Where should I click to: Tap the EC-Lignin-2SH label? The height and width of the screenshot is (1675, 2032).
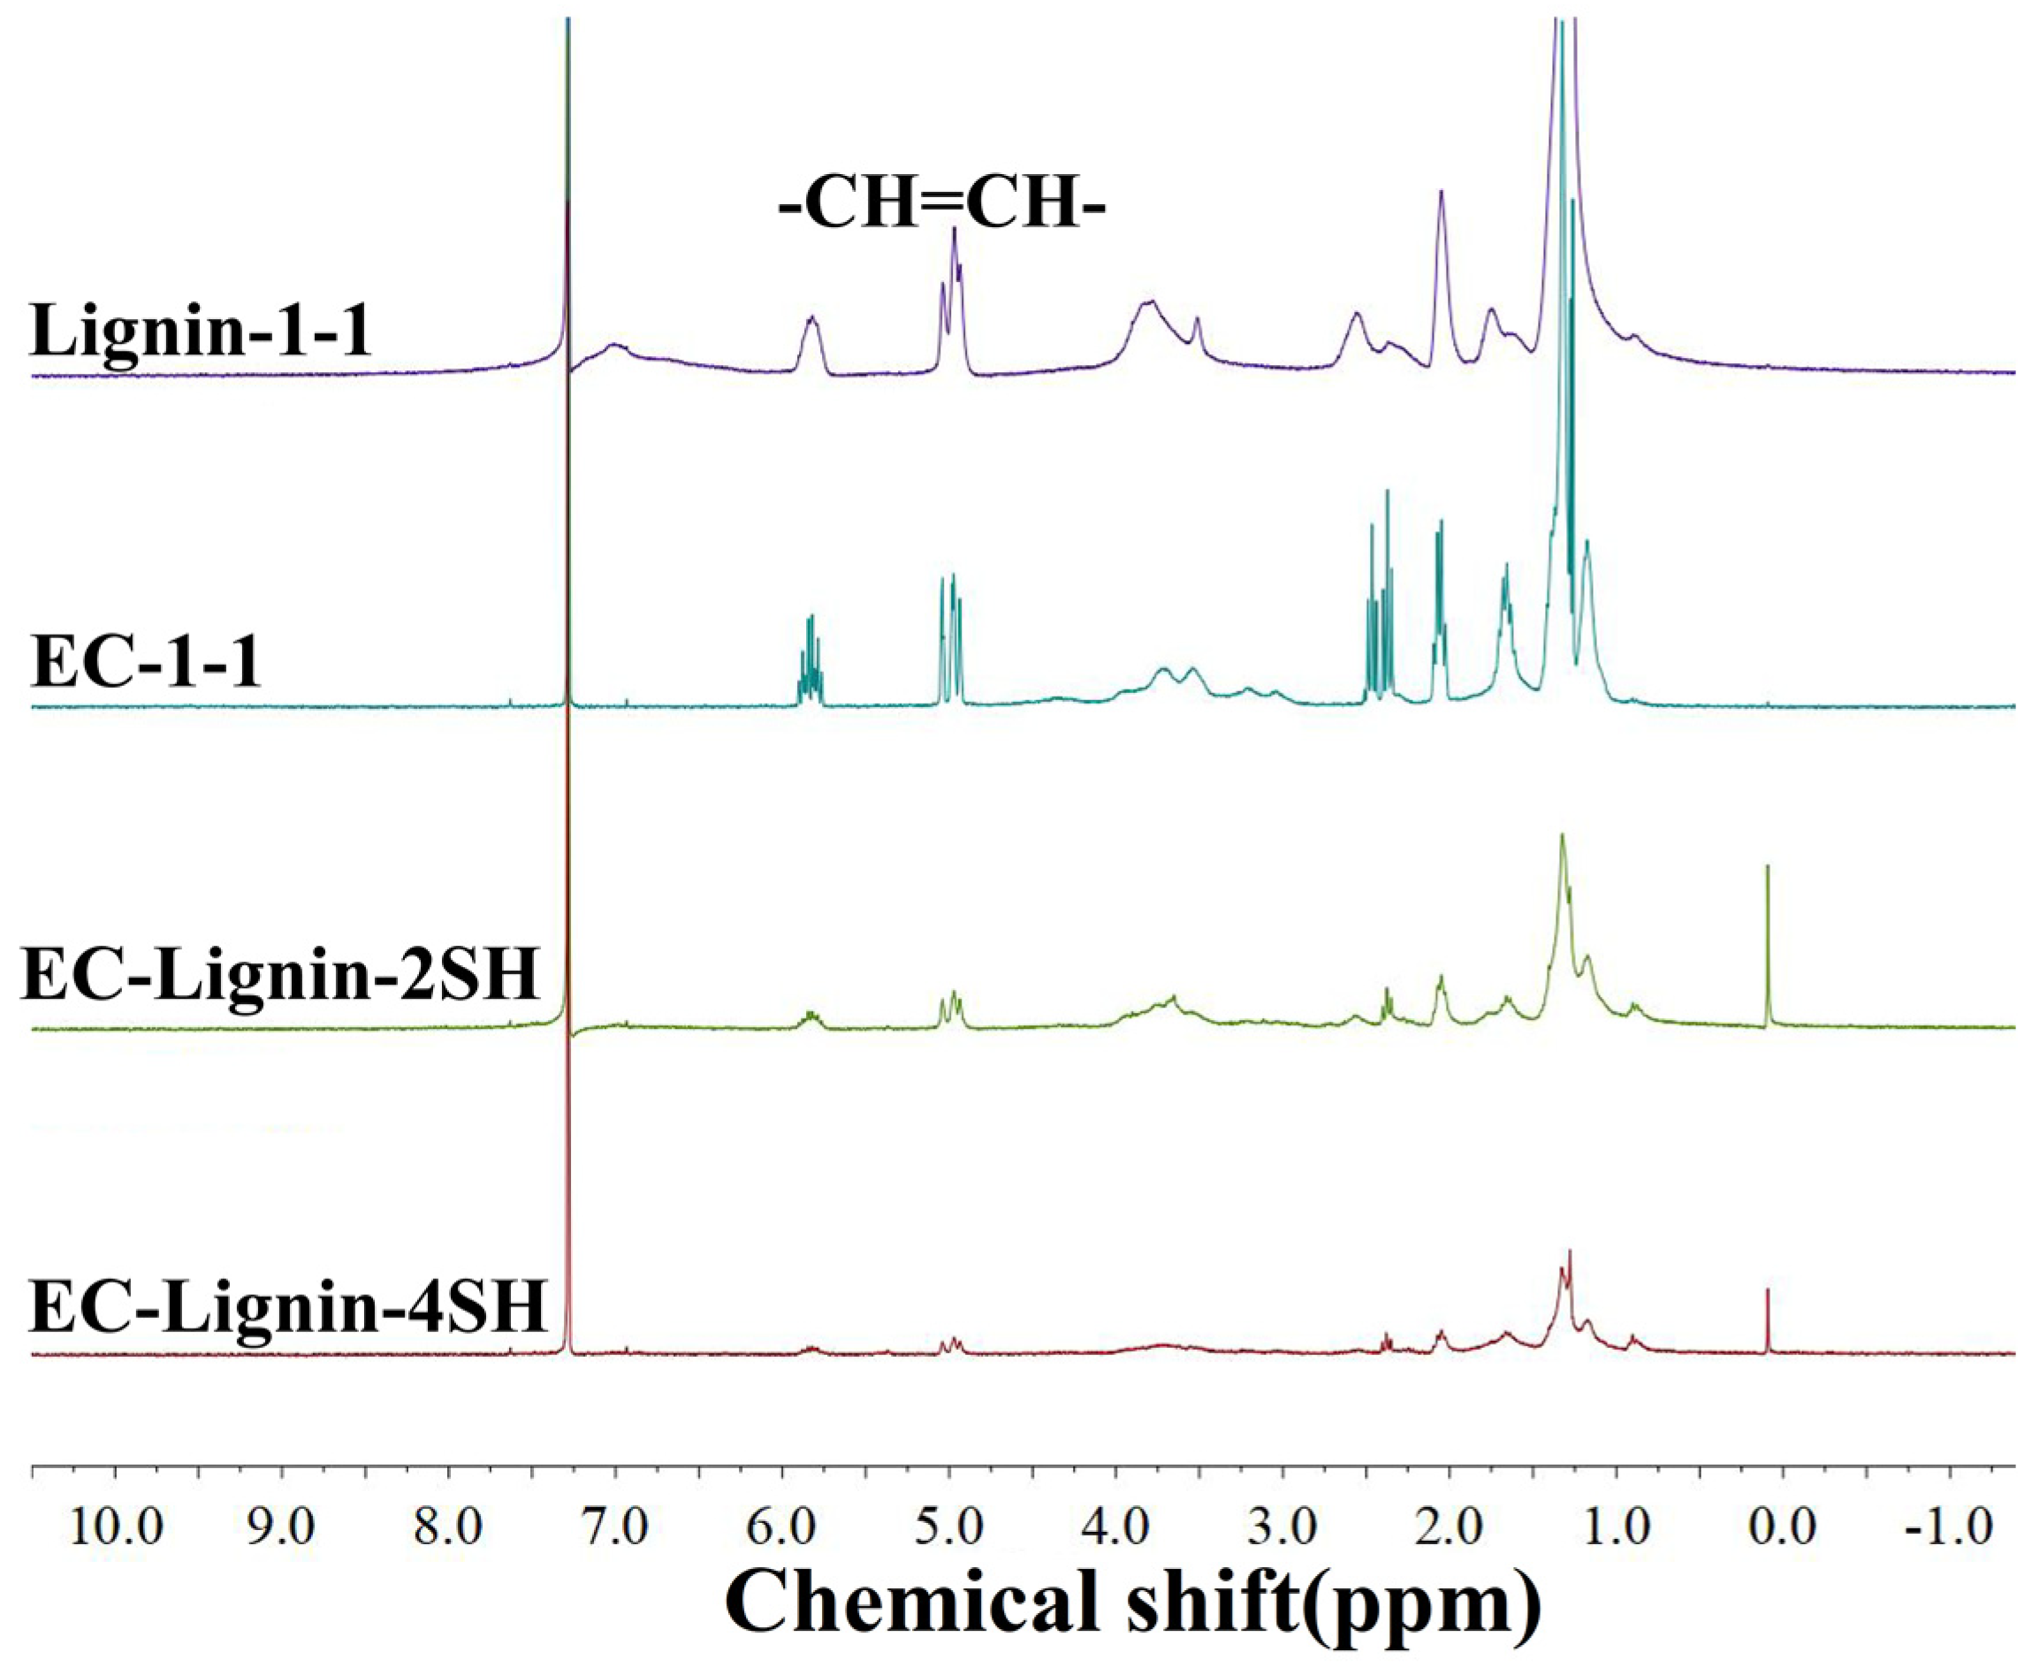(x=280, y=976)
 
